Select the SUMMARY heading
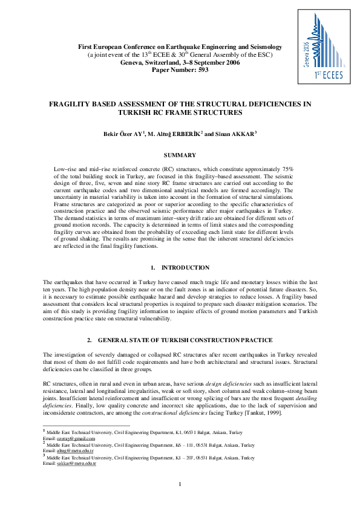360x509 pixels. click(x=180, y=155)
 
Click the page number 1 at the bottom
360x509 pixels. click(x=180, y=484)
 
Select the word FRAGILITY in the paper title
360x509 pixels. click(x=74, y=104)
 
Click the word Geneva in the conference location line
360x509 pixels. click(x=134, y=62)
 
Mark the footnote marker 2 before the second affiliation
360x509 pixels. click(x=44, y=443)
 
